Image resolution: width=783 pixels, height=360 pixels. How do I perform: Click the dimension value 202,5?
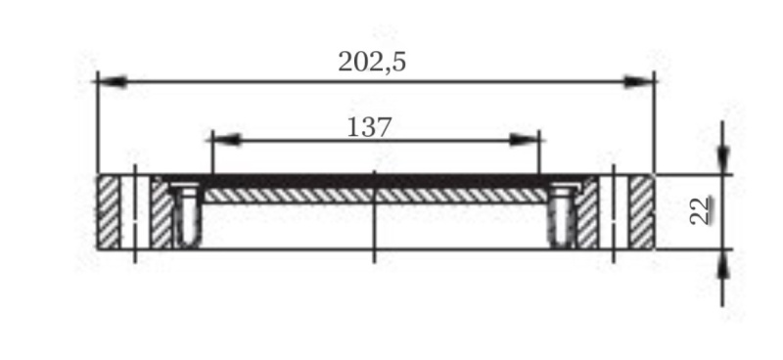pyautogui.click(x=372, y=63)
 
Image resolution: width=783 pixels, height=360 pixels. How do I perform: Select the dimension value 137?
pyautogui.click(x=369, y=127)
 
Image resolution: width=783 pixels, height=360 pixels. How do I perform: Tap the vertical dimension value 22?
pyautogui.click(x=702, y=210)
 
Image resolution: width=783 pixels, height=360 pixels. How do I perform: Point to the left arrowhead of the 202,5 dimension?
pyautogui.click(x=112, y=81)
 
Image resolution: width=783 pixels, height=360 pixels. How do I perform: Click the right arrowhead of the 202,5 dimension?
pyautogui.click(x=639, y=81)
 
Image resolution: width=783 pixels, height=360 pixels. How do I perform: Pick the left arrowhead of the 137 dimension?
pyautogui.click(x=227, y=140)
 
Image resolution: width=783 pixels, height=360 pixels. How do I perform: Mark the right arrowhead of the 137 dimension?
pyautogui.click(x=525, y=140)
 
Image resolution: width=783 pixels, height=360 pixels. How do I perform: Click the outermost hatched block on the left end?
pyautogui.click(x=109, y=212)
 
